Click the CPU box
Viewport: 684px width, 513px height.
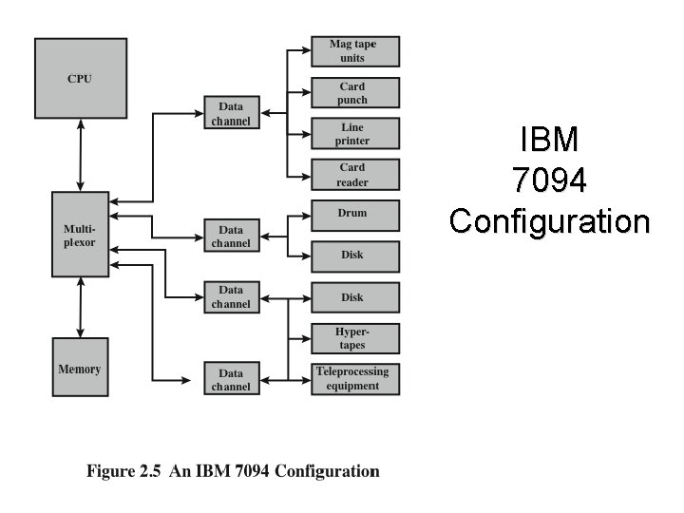(80, 77)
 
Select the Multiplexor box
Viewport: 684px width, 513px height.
(80, 235)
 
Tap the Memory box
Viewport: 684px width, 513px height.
(80, 368)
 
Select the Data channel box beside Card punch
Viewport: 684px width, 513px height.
(231, 113)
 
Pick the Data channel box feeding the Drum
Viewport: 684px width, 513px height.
(231, 237)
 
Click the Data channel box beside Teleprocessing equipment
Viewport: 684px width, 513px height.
(231, 379)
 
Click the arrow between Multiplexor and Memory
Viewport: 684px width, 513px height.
(80, 307)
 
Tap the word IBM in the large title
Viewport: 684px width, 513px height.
(549, 140)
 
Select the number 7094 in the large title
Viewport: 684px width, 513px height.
(549, 180)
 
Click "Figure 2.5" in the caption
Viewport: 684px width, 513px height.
(123, 471)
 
